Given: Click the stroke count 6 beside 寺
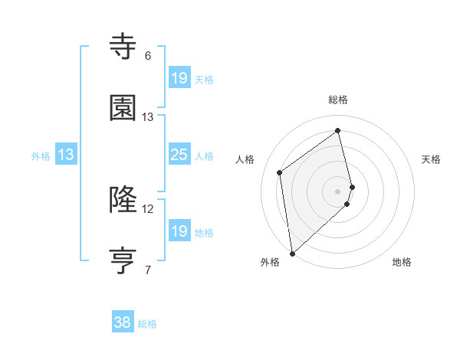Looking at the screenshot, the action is pos(148,56).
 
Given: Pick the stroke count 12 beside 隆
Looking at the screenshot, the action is pos(148,208).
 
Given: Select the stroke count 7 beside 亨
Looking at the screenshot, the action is pos(148,270).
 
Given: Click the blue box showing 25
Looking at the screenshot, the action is pos(179,155).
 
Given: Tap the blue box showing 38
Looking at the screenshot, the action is pos(123,322).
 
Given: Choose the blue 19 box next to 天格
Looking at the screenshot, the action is pos(179,77).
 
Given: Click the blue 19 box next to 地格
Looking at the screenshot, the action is pos(179,231).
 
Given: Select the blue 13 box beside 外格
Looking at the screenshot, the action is pos(66,155).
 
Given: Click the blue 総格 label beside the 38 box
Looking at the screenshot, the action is pos(147,324).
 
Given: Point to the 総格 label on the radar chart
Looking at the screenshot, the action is pos(338,100).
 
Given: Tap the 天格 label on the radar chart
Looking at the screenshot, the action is pos(431,159).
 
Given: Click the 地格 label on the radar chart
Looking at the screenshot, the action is pos(402,262).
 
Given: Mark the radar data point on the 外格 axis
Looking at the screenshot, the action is pos(292,253).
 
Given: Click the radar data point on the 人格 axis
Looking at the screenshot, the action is pos(280,172).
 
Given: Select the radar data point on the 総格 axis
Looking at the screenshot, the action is pos(338,131).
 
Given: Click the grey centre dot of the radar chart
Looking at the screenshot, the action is pos(338,191).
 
